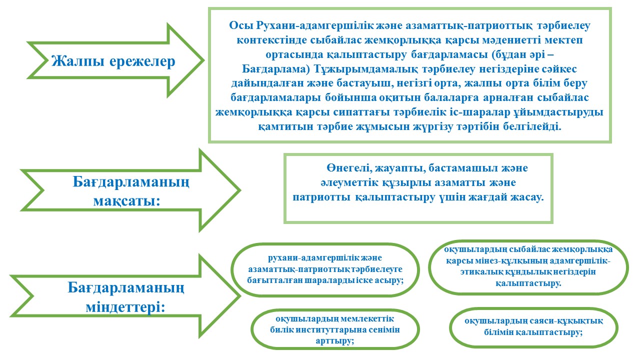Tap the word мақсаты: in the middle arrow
127,201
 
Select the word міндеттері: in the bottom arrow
125,307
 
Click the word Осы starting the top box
241,25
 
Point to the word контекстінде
271,40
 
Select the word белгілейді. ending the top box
532,126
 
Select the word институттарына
329,330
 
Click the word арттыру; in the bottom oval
335,341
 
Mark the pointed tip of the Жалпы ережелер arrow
203,60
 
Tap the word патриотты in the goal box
321,197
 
